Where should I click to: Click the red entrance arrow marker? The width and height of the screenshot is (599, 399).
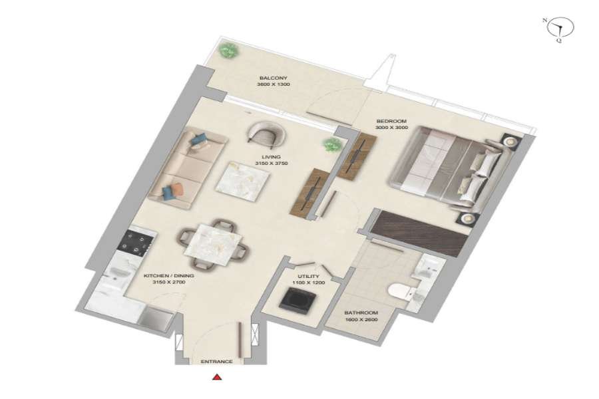(x=217, y=377)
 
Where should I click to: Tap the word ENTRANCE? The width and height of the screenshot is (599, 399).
(x=216, y=362)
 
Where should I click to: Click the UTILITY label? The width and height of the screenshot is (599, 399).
(x=309, y=277)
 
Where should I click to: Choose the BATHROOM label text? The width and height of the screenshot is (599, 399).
(x=361, y=313)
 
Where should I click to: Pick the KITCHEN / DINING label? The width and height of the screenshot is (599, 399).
(x=168, y=276)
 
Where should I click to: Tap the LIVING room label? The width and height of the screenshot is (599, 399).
(x=272, y=157)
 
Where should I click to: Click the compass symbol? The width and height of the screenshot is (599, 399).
(x=560, y=29)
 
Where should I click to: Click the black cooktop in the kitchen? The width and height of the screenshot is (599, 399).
(x=136, y=243)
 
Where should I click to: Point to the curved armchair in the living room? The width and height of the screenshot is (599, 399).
(x=266, y=135)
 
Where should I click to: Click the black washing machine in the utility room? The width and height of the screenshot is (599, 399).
(x=298, y=300)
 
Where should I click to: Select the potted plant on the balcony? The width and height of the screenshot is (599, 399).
(x=228, y=50)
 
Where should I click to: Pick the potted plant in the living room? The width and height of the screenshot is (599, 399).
(x=331, y=145)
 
